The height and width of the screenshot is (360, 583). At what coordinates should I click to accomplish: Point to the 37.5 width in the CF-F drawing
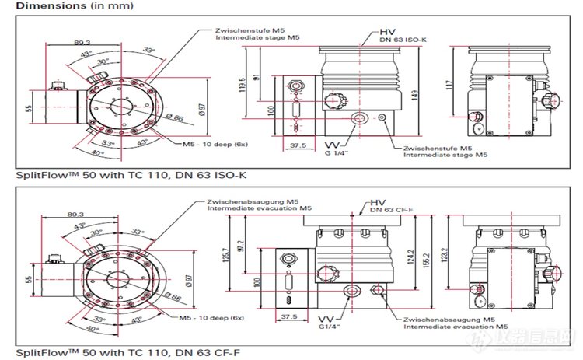point(289,318)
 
